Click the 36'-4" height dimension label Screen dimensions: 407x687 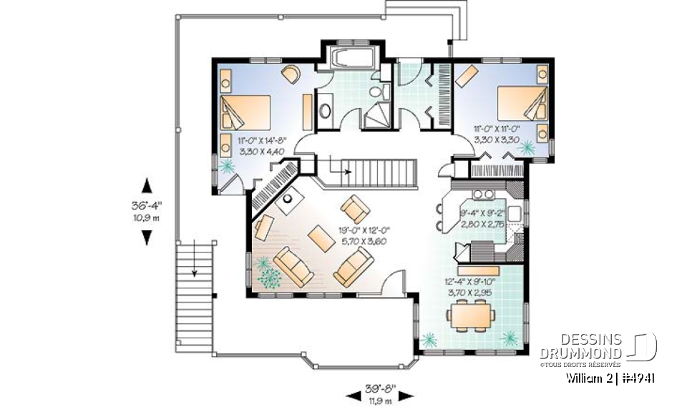[147, 205]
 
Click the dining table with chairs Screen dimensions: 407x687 [469, 315]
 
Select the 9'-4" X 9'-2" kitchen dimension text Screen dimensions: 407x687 [483, 218]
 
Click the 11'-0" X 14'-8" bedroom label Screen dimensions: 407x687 [263, 147]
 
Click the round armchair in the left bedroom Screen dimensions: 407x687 [291, 74]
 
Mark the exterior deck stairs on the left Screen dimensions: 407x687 [194, 268]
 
